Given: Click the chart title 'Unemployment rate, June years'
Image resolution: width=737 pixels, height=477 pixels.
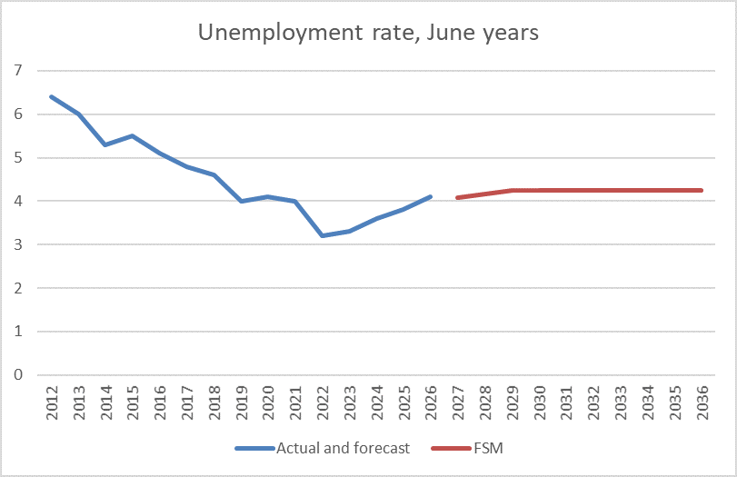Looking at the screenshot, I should (x=368, y=33).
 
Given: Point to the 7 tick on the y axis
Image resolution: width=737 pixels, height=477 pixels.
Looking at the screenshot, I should (x=17, y=71).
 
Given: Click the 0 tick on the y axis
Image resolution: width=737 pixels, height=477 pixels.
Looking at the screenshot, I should (x=17, y=374).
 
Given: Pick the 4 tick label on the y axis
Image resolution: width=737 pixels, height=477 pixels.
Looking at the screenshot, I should (x=17, y=201).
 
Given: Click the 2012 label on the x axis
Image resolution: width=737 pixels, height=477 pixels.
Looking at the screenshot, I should (x=51, y=402).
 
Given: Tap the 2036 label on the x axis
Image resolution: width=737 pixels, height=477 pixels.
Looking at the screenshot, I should (x=702, y=402).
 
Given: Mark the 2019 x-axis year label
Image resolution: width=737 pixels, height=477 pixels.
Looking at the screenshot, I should (x=241, y=402).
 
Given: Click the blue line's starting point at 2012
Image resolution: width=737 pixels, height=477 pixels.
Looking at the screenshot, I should (x=51, y=96).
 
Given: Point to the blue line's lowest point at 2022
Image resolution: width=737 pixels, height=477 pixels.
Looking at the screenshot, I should (x=322, y=235).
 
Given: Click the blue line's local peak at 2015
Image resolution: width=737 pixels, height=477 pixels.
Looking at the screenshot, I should (x=132, y=136).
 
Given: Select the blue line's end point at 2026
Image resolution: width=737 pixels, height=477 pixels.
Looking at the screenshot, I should (x=430, y=196).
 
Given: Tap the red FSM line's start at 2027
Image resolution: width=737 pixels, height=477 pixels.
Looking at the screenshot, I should (x=457, y=197).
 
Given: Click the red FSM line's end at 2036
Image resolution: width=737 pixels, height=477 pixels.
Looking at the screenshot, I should (x=702, y=190).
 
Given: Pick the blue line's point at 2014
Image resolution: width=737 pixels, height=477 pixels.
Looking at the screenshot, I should (x=105, y=144).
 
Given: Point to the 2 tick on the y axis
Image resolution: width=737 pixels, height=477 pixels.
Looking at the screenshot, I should (x=17, y=288).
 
